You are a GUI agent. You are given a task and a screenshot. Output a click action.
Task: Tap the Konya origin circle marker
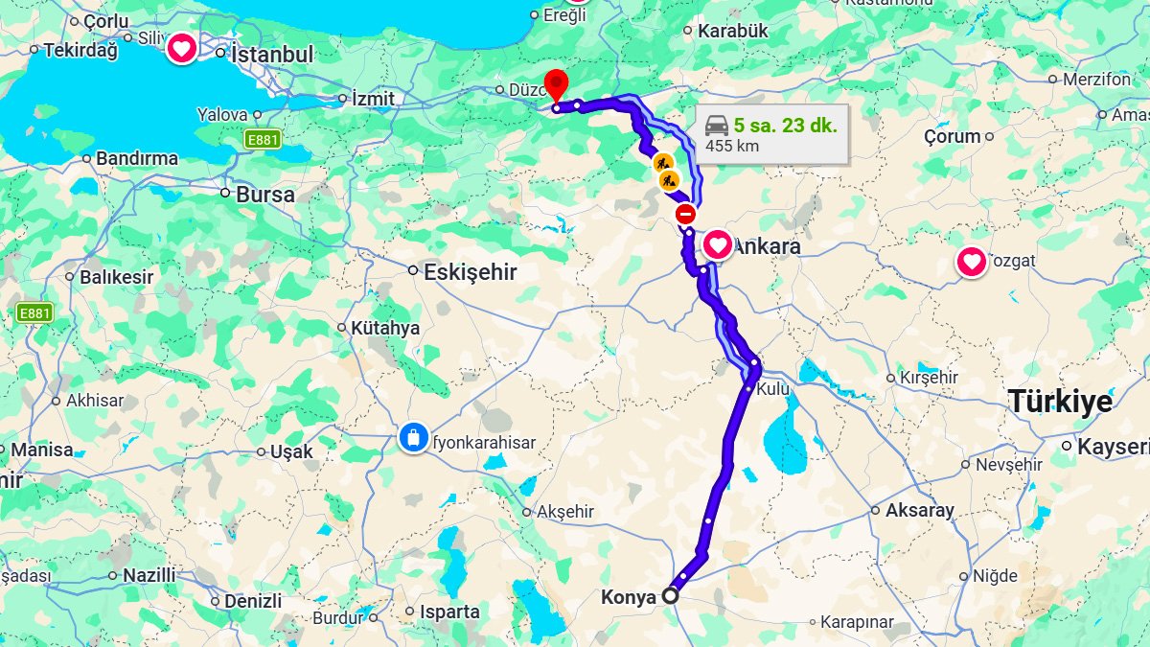[x=670, y=595]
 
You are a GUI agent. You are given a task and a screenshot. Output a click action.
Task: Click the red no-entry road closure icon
[x=684, y=213]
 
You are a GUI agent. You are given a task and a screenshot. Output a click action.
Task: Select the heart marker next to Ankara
[x=718, y=244]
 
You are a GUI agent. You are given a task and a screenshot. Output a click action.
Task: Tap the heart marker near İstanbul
[x=182, y=48]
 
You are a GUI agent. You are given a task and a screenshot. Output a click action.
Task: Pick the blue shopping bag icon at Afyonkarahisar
[x=413, y=439]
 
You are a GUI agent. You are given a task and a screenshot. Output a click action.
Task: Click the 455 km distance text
[x=733, y=147]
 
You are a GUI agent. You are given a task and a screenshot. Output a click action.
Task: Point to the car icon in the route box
[x=717, y=125]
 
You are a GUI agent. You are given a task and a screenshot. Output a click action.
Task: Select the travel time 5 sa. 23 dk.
[x=786, y=125]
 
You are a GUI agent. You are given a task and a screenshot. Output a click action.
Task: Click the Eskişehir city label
[x=470, y=272]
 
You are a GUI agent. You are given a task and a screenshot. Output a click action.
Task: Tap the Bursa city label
[x=265, y=194]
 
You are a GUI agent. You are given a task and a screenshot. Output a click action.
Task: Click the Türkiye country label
[x=1060, y=402]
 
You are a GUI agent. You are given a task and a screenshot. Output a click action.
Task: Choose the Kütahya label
[x=385, y=328]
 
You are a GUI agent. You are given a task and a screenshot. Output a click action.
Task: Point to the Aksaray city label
[x=919, y=510]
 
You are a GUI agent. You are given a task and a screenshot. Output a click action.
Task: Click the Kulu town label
[x=772, y=390]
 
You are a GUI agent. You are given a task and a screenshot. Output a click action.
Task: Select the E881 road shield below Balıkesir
[x=34, y=312]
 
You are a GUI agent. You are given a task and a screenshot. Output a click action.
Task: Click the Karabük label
[x=733, y=31]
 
